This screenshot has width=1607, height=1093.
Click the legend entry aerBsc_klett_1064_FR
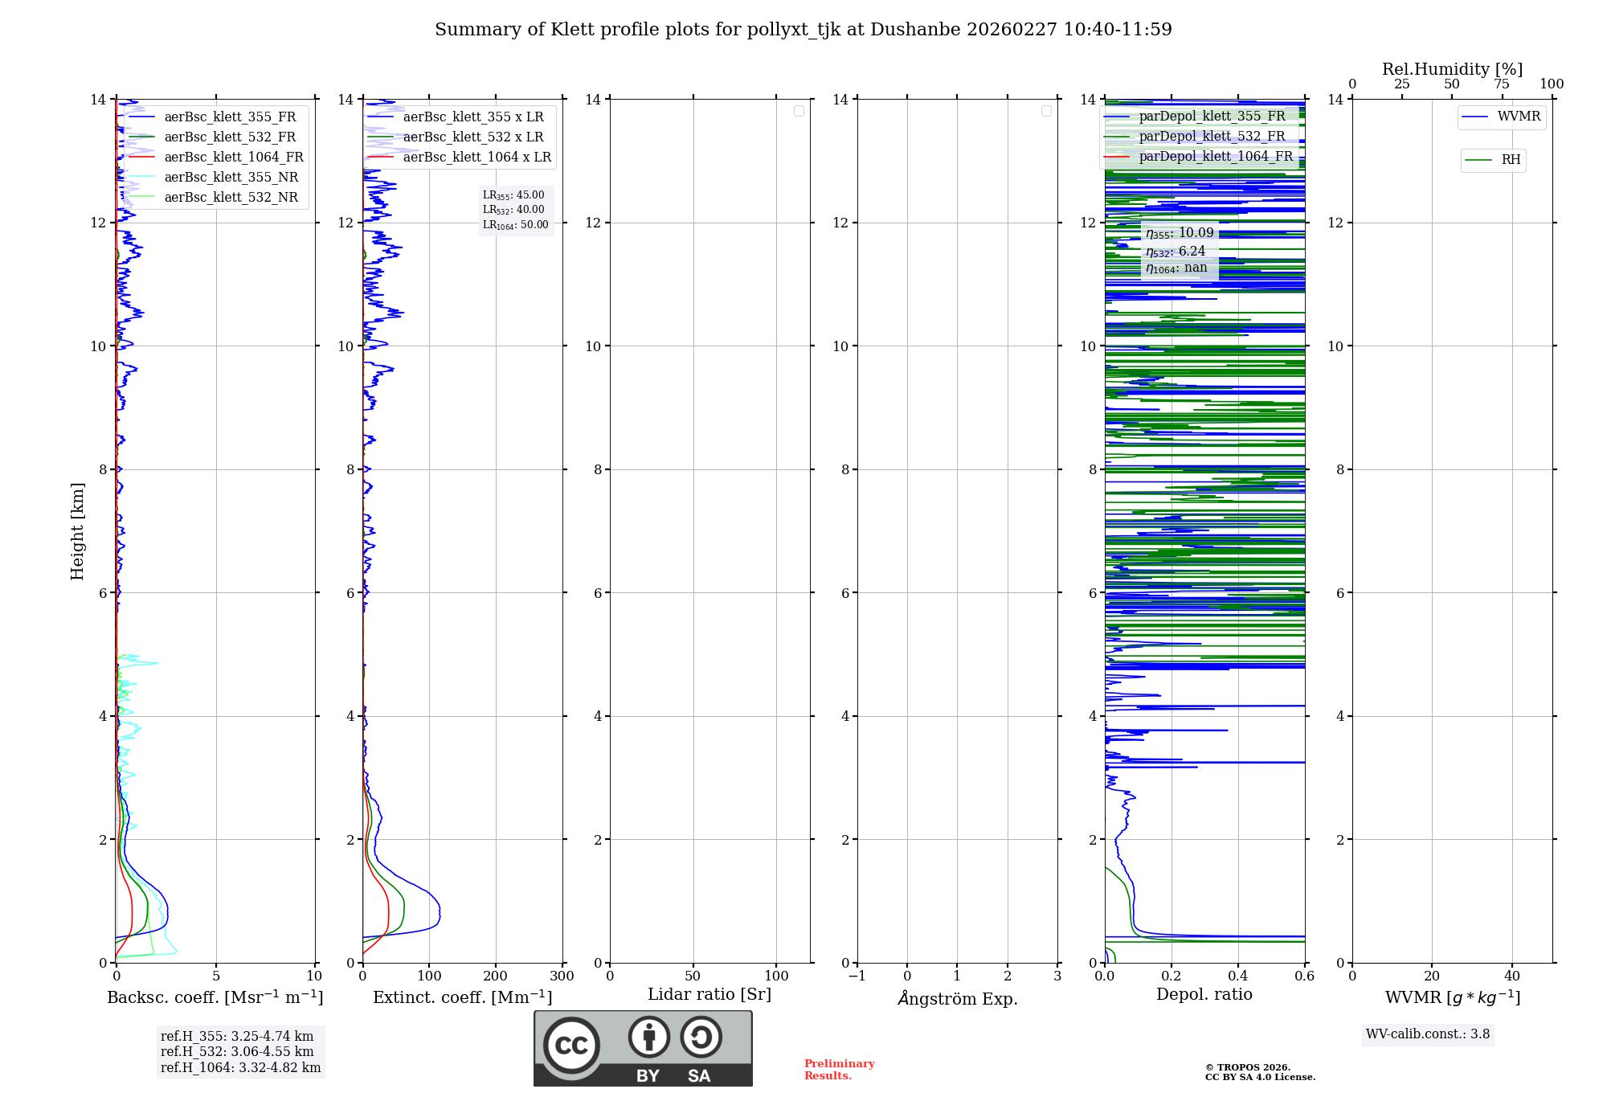[x=233, y=158]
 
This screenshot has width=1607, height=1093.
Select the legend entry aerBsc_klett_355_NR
[x=231, y=178]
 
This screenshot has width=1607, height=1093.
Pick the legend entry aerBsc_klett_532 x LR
[x=472, y=137]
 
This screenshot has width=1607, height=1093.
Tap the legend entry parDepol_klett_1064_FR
[x=1215, y=157]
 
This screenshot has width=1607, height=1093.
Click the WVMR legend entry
[x=1518, y=117]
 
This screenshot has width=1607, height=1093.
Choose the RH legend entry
[x=1510, y=160]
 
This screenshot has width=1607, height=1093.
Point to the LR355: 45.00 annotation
[x=513, y=195]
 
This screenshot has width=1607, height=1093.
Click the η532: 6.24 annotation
[x=1176, y=252]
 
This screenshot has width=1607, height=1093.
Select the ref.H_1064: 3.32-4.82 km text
[x=240, y=1068]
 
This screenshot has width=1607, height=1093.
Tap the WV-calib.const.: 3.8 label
[x=1428, y=1034]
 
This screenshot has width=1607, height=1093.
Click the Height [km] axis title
[x=77, y=531]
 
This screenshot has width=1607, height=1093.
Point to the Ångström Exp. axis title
[x=957, y=999]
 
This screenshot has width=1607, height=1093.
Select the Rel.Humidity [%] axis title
[x=1452, y=69]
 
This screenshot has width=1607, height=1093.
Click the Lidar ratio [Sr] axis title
[x=709, y=995]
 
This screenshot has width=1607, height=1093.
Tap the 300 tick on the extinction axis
[x=562, y=976]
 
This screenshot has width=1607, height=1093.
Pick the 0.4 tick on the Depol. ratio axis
[x=1238, y=976]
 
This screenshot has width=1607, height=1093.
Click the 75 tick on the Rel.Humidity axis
[x=1502, y=84]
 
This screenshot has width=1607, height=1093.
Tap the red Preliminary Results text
[x=839, y=1070]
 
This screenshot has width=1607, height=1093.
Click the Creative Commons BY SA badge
[x=643, y=1049]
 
